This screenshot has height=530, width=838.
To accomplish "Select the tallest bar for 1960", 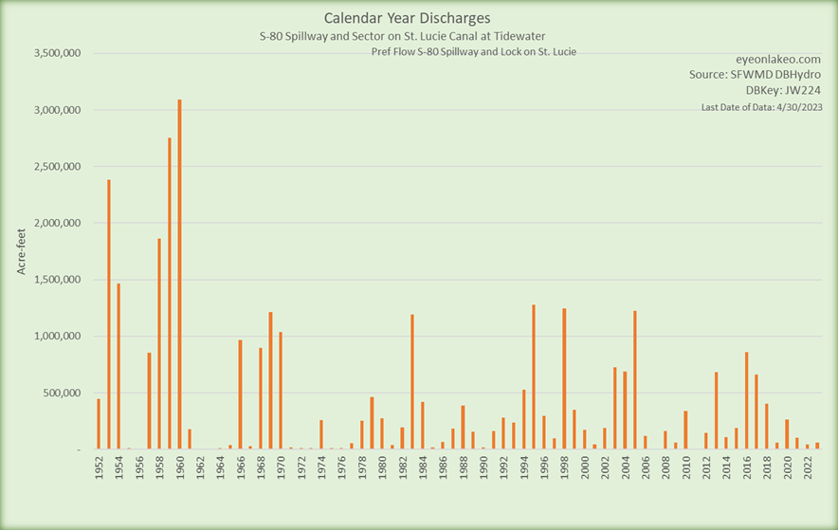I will tap(179, 275).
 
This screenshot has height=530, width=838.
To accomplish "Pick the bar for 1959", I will tap(170, 294).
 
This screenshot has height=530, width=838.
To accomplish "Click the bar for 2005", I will tap(634, 380).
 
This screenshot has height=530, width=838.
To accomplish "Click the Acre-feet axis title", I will tap(21, 251).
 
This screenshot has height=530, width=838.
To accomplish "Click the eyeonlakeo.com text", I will tap(777, 58).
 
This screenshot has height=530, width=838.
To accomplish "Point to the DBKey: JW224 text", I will tap(783, 90).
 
